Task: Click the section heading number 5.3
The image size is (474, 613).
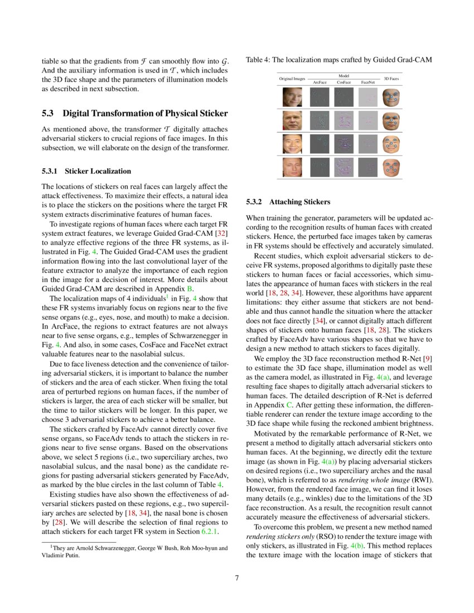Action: tap(49, 114)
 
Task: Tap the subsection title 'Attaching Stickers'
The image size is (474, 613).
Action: tap(299, 201)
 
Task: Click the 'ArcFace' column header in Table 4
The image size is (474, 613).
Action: tap(320, 82)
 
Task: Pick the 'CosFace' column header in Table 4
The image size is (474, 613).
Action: tap(344, 82)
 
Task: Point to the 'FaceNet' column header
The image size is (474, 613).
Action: tap(367, 82)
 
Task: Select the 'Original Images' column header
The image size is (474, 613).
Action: tap(292, 79)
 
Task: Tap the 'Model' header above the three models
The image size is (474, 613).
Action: tap(344, 75)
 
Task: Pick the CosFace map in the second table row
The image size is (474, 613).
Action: tap(344, 121)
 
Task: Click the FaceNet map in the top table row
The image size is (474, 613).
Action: tap(367, 98)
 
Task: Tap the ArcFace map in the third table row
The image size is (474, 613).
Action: tap(320, 144)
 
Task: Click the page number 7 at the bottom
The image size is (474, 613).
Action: tap(236, 577)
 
